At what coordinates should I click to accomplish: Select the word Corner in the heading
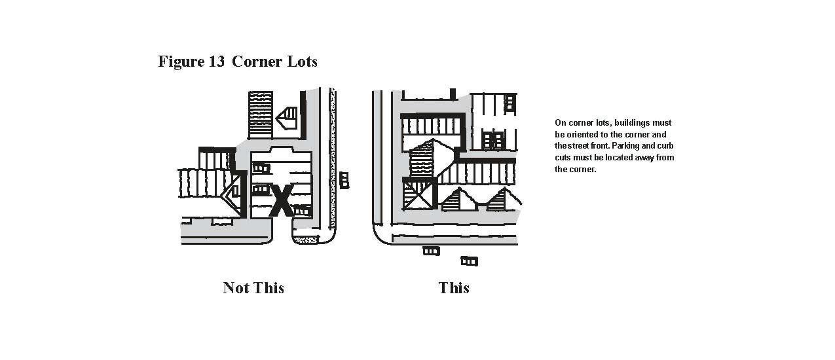coord(257,62)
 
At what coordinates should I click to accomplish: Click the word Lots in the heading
coord(302,62)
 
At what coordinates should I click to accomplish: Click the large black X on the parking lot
coord(282,200)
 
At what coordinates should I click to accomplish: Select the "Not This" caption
coord(253,288)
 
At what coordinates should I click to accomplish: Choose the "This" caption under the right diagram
coord(454,288)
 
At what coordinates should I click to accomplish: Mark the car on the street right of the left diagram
coord(344,180)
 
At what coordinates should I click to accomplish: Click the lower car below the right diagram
coord(469,261)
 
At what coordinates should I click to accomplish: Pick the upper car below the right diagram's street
coord(431,251)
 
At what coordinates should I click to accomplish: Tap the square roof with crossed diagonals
coord(418,194)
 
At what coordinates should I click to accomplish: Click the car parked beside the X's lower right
coord(301,209)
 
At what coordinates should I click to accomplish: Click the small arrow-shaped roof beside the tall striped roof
coord(288,117)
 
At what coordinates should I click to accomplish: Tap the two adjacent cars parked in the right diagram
coord(494,139)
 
